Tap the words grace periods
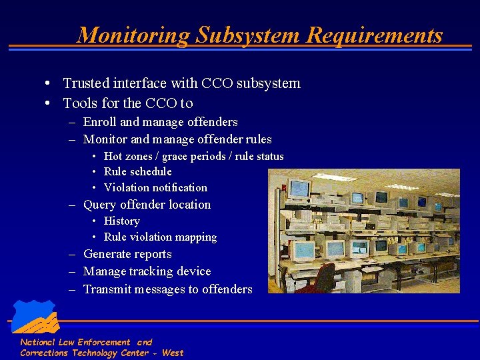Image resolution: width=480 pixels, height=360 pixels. tap(191, 156)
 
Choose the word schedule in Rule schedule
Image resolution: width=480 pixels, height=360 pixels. tap(151, 171)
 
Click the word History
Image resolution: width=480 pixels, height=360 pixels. tap(122, 221)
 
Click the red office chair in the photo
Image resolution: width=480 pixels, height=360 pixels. tap(321, 278)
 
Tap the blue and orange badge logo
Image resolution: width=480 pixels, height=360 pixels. tap(34, 318)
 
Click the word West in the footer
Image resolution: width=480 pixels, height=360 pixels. tap(173, 353)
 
